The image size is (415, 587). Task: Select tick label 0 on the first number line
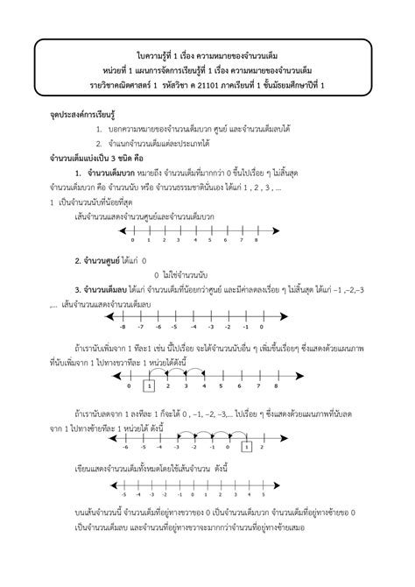[132, 239]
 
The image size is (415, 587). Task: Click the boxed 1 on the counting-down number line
[248, 447]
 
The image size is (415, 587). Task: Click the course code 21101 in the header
[216, 84]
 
